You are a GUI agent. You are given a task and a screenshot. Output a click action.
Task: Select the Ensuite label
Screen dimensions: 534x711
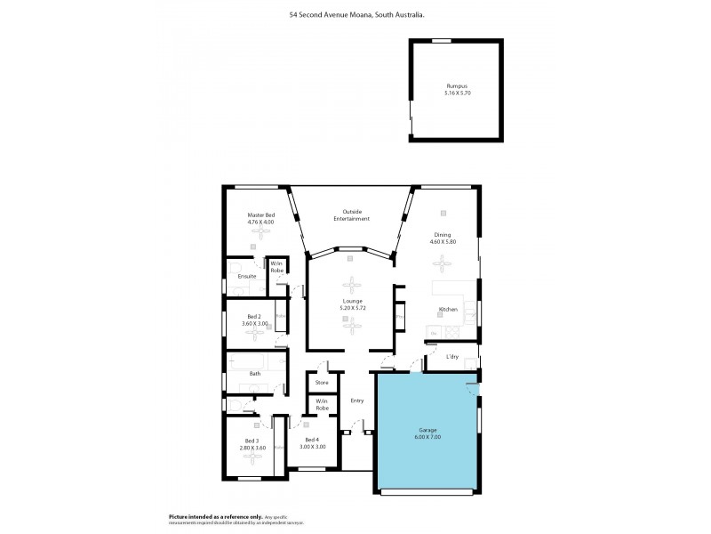[247, 276]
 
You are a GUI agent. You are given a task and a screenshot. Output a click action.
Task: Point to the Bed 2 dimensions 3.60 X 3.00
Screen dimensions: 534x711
[254, 323]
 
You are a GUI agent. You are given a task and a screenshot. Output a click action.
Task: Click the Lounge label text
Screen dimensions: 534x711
[353, 301]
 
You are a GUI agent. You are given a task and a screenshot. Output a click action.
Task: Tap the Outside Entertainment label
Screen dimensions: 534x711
[351, 214]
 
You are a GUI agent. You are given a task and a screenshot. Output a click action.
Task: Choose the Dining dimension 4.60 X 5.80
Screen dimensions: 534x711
[443, 241]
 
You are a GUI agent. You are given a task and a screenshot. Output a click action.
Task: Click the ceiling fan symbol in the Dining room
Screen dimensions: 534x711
[442, 262]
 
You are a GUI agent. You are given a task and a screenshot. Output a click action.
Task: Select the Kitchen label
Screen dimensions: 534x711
[448, 310]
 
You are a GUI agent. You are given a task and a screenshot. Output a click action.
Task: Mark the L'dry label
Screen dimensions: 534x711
[451, 357]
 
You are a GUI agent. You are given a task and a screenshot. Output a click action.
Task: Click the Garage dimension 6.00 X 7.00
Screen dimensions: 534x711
[427, 437]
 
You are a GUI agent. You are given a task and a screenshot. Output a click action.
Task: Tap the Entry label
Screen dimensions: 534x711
[357, 400]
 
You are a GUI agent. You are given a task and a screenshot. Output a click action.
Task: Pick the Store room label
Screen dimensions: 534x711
[322, 383]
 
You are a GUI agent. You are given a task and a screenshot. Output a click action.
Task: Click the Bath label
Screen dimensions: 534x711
[254, 374]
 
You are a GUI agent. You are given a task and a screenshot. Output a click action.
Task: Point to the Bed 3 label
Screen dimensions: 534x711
[252, 441]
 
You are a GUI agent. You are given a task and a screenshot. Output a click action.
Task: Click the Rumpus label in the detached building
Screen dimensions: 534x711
[456, 86]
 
